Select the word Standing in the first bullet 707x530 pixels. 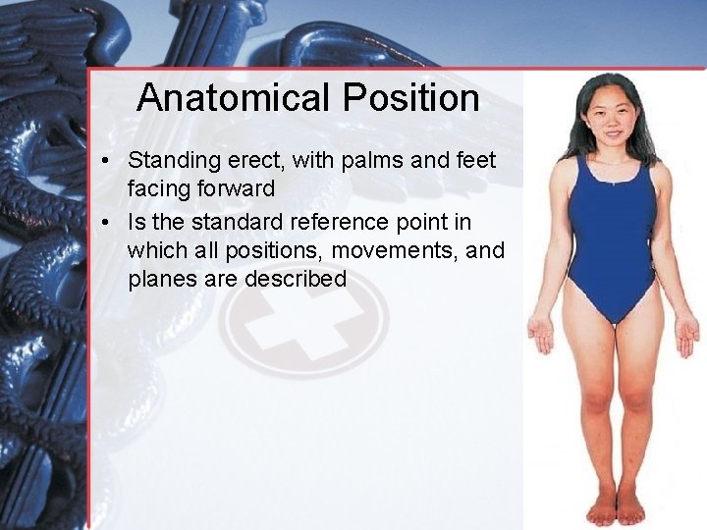[171, 159]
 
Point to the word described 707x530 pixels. [296, 279]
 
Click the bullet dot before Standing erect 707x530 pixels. [114, 160]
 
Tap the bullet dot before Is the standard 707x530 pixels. [114, 220]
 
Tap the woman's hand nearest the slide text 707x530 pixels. [541, 335]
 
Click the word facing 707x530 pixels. [156, 189]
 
